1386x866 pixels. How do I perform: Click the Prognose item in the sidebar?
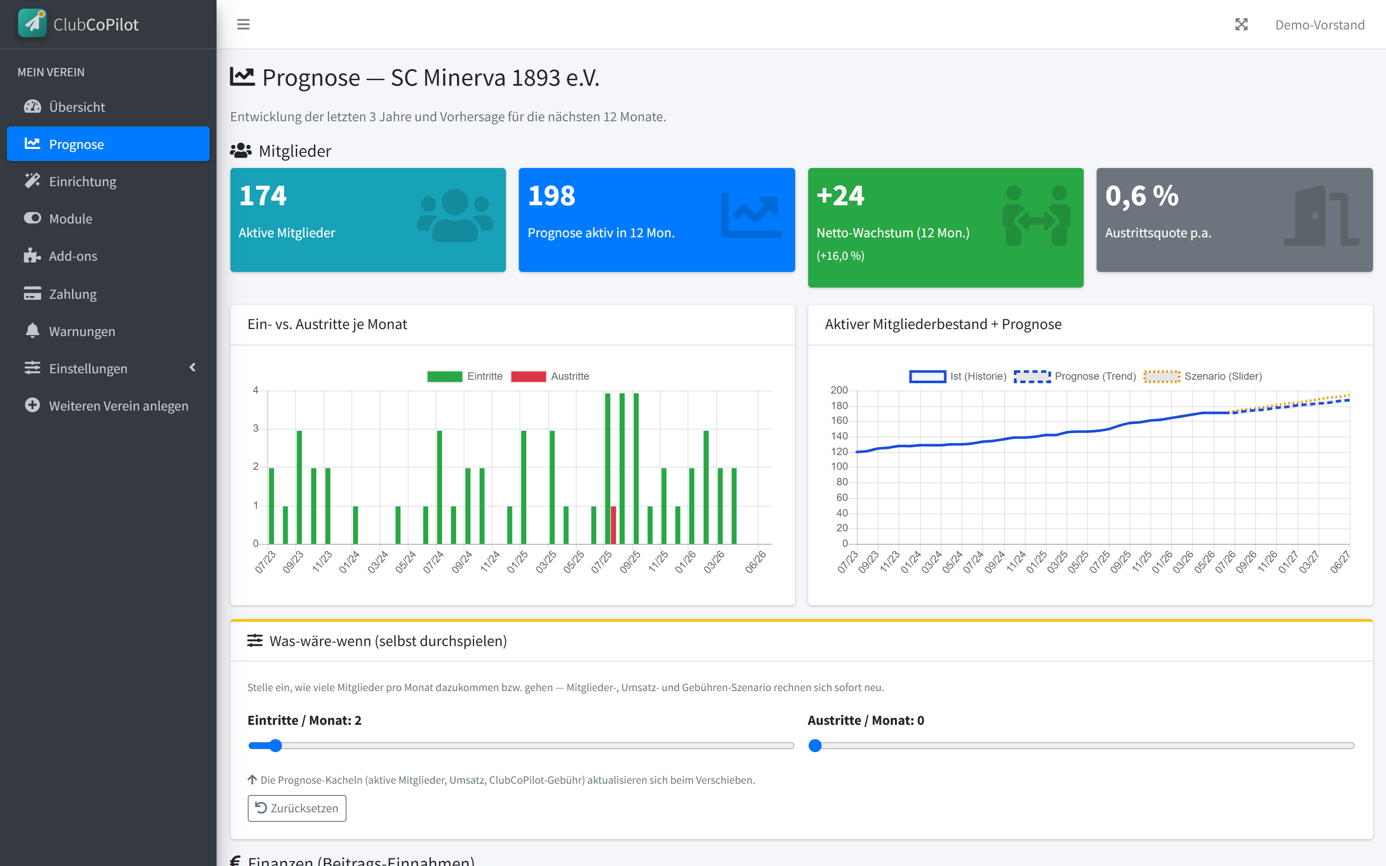click(108, 144)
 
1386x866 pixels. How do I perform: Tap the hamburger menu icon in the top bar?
click(243, 25)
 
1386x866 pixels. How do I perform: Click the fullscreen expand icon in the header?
click(1241, 25)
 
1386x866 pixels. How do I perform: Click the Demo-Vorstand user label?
click(1320, 25)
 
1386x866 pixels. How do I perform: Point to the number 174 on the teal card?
click(263, 196)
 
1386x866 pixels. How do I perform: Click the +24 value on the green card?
click(840, 196)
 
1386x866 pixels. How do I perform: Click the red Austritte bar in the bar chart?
click(613, 525)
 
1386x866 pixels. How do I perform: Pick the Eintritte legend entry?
click(464, 376)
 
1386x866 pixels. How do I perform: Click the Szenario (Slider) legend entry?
click(1203, 376)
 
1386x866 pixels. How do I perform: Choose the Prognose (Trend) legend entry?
click(1075, 376)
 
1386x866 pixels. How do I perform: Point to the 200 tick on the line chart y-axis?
click(839, 390)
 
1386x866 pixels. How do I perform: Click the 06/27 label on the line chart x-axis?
click(1340, 562)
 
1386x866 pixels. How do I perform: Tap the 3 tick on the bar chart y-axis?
click(256, 428)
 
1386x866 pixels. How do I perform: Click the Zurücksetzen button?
click(297, 808)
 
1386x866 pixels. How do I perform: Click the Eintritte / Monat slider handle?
click(275, 745)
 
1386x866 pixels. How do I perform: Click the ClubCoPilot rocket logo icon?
click(32, 23)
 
